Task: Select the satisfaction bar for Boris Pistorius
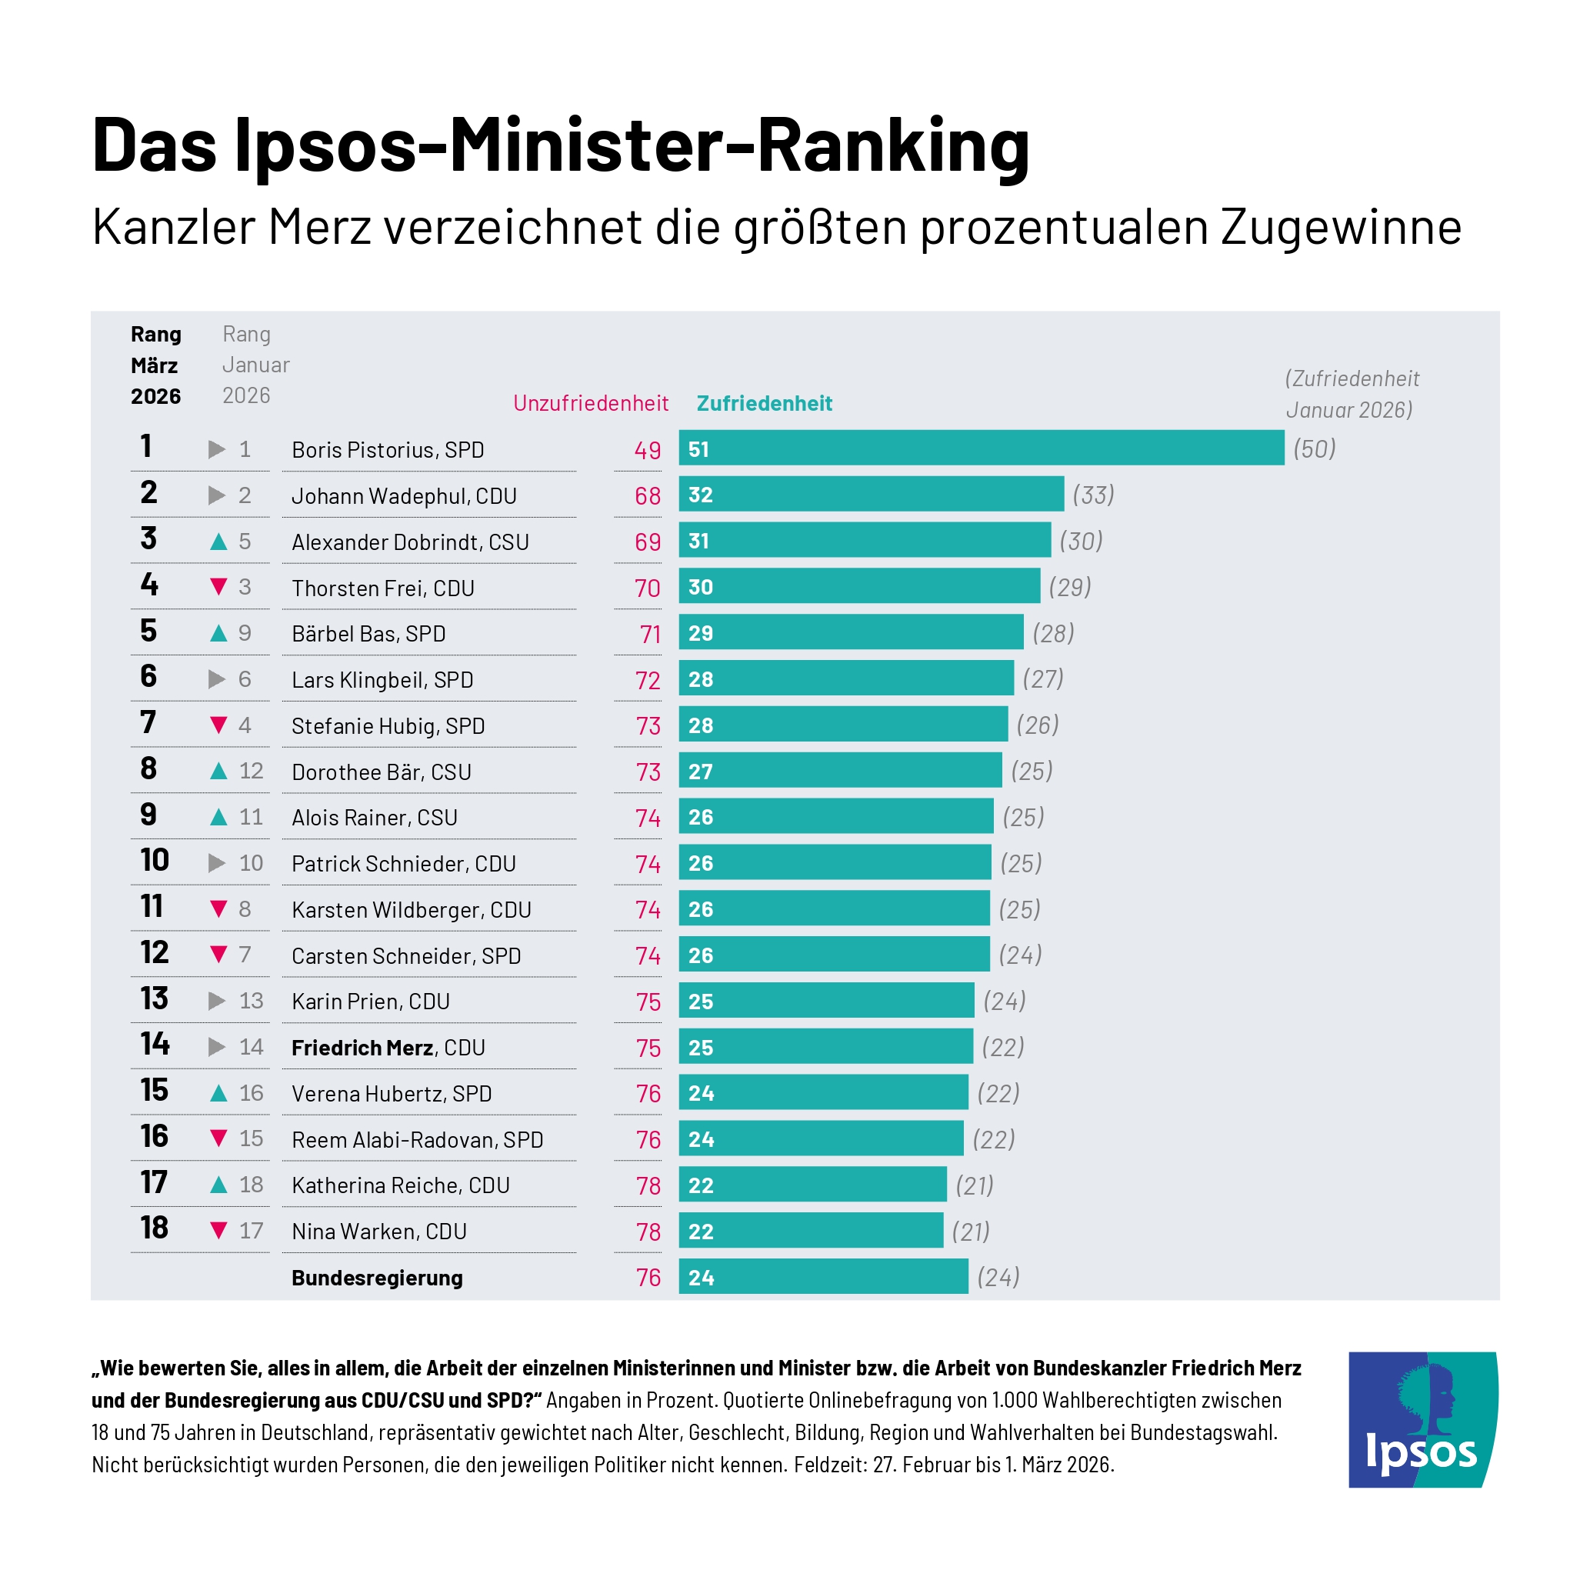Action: pyautogui.click(x=981, y=448)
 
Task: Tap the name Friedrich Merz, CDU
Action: pyautogui.click(x=388, y=1048)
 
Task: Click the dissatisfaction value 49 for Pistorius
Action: pyautogui.click(x=647, y=450)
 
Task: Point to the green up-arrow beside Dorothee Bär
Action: pyautogui.click(x=218, y=771)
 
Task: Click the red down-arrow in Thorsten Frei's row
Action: pyautogui.click(x=218, y=587)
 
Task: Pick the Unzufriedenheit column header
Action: pyautogui.click(x=590, y=403)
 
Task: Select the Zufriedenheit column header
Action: pyautogui.click(x=764, y=403)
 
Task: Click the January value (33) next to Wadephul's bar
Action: pyautogui.click(x=1093, y=495)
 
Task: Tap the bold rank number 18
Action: pyautogui.click(x=154, y=1228)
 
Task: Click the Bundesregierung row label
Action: pyautogui.click(x=377, y=1278)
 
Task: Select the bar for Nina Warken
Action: pyautogui.click(x=811, y=1232)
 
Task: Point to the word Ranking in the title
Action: pyautogui.click(x=893, y=145)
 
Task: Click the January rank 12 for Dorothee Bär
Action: pyautogui.click(x=251, y=771)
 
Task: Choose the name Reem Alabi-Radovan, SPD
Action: pyautogui.click(x=417, y=1140)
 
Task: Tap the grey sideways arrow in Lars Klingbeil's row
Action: pyautogui.click(x=216, y=679)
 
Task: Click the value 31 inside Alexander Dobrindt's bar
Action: pyautogui.click(x=698, y=541)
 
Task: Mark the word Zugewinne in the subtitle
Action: pyautogui.click(x=1341, y=228)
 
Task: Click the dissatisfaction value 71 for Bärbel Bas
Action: pyautogui.click(x=650, y=635)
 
